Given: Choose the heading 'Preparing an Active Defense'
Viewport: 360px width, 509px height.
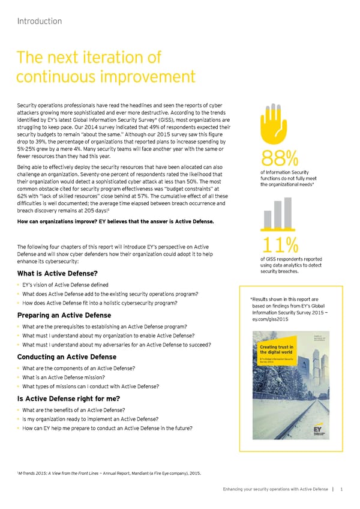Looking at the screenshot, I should [x=65, y=316].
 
